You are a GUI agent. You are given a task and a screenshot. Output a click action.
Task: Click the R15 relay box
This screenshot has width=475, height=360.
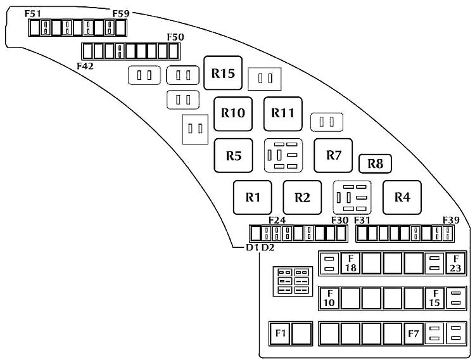tap(223, 73)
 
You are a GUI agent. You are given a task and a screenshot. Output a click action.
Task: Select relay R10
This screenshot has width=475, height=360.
tap(233, 113)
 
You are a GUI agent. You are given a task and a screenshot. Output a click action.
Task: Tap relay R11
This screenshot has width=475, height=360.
tap(283, 113)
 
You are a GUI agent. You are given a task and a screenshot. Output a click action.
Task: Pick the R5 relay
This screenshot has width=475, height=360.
tap(233, 155)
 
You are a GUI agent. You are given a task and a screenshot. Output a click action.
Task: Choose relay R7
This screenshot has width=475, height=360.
tap(333, 155)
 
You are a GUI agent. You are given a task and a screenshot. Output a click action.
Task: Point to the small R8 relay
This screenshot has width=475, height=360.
tap(375, 164)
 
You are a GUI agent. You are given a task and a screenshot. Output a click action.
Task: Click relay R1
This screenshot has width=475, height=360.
tap(252, 198)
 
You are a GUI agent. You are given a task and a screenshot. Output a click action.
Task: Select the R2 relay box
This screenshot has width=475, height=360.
tap(302, 198)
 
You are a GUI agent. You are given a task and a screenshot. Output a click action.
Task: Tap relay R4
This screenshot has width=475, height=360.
tap(402, 198)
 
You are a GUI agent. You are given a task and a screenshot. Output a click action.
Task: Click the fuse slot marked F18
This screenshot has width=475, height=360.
tap(350, 263)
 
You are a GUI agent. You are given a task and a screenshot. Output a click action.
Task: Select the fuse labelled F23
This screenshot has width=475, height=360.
tap(455, 263)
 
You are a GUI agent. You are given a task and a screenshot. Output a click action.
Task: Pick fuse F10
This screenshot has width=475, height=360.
tap(329, 298)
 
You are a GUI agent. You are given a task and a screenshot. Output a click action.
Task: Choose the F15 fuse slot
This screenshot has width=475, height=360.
tap(434, 298)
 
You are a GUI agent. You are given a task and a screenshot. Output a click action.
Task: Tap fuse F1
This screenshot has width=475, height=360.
tap(281, 333)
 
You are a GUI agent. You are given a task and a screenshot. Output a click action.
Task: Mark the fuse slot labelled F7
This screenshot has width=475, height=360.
tap(414, 333)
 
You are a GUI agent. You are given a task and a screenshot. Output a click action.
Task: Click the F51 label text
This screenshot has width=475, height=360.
tap(33, 14)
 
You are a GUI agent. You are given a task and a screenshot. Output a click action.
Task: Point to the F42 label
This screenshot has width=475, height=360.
tap(85, 66)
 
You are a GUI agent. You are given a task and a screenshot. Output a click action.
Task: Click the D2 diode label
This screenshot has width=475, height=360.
tap(268, 247)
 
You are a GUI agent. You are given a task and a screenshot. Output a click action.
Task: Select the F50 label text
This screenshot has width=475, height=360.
tap(175, 37)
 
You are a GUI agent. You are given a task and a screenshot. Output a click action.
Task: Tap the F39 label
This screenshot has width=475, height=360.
tap(451, 220)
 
